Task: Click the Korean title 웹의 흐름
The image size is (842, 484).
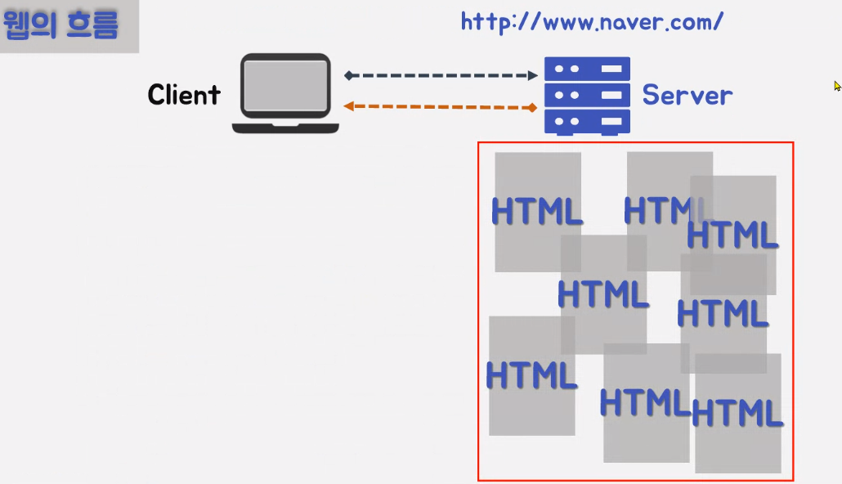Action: (61, 25)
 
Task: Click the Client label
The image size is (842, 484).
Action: (184, 95)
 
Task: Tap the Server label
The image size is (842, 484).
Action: (687, 95)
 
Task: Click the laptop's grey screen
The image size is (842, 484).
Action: (285, 86)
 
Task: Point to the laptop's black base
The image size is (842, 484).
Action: (285, 127)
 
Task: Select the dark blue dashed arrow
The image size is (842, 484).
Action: (441, 75)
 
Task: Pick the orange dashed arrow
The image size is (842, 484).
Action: (441, 106)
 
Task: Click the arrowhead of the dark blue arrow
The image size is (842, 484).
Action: (532, 75)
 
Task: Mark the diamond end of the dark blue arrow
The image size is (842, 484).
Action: (349, 75)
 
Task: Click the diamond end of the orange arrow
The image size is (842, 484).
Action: (532, 107)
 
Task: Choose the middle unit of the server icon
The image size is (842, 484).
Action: (587, 95)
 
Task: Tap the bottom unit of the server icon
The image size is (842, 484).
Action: (587, 121)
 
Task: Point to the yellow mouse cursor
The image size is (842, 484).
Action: (837, 85)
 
